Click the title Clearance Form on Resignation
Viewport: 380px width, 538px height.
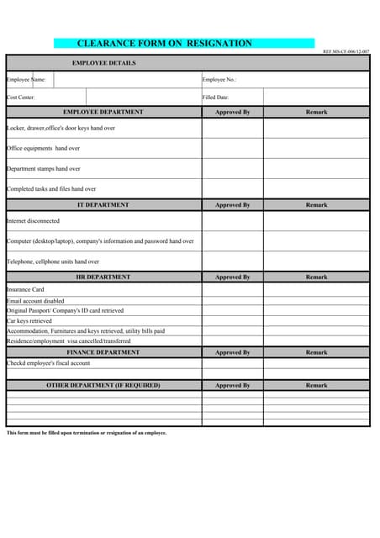(x=165, y=43)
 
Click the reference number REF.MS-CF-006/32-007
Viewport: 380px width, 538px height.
(x=346, y=52)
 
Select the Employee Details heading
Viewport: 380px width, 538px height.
(x=103, y=63)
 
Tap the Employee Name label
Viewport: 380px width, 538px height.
(x=27, y=80)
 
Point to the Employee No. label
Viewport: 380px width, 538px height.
(x=219, y=80)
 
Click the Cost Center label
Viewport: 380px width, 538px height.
(x=21, y=98)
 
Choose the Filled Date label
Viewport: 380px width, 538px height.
(x=215, y=98)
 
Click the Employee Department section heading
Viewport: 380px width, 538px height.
(x=103, y=112)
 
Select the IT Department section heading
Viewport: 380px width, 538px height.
(x=103, y=205)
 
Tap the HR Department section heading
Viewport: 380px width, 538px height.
(x=103, y=277)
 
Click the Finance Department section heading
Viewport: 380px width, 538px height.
(x=103, y=352)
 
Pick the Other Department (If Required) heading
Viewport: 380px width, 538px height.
(x=103, y=385)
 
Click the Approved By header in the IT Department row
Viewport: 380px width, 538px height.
(x=232, y=205)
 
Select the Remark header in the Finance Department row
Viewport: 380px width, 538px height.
(x=316, y=352)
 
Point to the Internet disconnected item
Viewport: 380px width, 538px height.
(x=34, y=221)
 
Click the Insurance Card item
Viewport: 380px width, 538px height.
(x=25, y=289)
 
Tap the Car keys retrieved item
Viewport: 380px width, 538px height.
(x=29, y=320)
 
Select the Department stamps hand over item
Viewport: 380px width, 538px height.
(x=44, y=168)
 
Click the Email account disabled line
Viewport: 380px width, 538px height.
(x=35, y=300)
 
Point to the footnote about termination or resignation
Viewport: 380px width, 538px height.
(x=87, y=433)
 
